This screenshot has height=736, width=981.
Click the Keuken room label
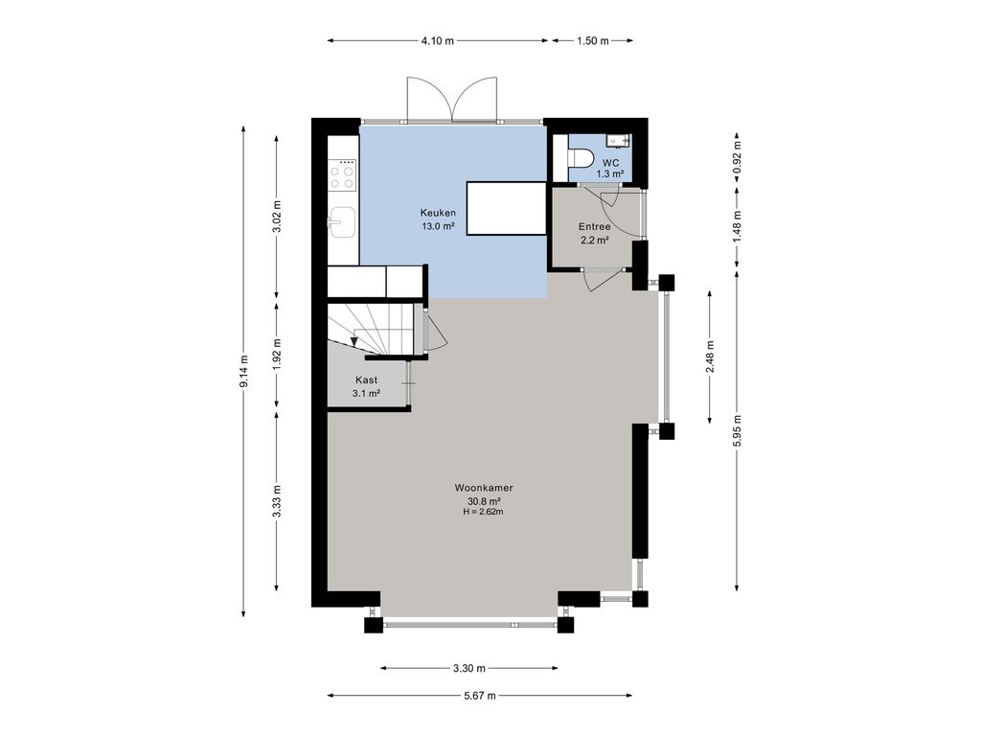pyautogui.click(x=438, y=213)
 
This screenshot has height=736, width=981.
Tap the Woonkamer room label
pyautogui.click(x=484, y=488)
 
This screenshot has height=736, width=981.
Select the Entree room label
pyautogui.click(x=594, y=226)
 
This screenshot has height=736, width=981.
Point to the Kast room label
pyautogui.click(x=366, y=379)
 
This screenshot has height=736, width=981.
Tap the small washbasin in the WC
pyautogui.click(x=620, y=141)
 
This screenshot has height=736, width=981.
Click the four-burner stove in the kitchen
pyautogui.click(x=342, y=175)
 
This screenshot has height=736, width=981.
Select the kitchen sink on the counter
pyautogui.click(x=342, y=222)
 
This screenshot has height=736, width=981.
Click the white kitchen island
pyautogui.click(x=507, y=208)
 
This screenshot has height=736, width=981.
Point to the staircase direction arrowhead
pyautogui.click(x=354, y=342)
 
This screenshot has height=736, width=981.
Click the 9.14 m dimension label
pyautogui.click(x=243, y=372)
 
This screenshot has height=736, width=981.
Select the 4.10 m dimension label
pyautogui.click(x=437, y=40)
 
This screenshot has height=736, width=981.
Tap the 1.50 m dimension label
pyautogui.click(x=592, y=40)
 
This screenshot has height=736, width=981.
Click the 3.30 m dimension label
pyautogui.click(x=469, y=668)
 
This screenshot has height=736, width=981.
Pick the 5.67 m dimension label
pyautogui.click(x=479, y=696)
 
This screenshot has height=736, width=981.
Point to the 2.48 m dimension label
pyautogui.click(x=710, y=356)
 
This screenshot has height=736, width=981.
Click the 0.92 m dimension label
pyautogui.click(x=738, y=157)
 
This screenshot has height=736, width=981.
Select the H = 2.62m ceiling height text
pyautogui.click(x=484, y=512)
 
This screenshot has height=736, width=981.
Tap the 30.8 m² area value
pyautogui.click(x=484, y=500)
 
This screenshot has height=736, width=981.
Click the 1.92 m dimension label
pyautogui.click(x=277, y=355)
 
